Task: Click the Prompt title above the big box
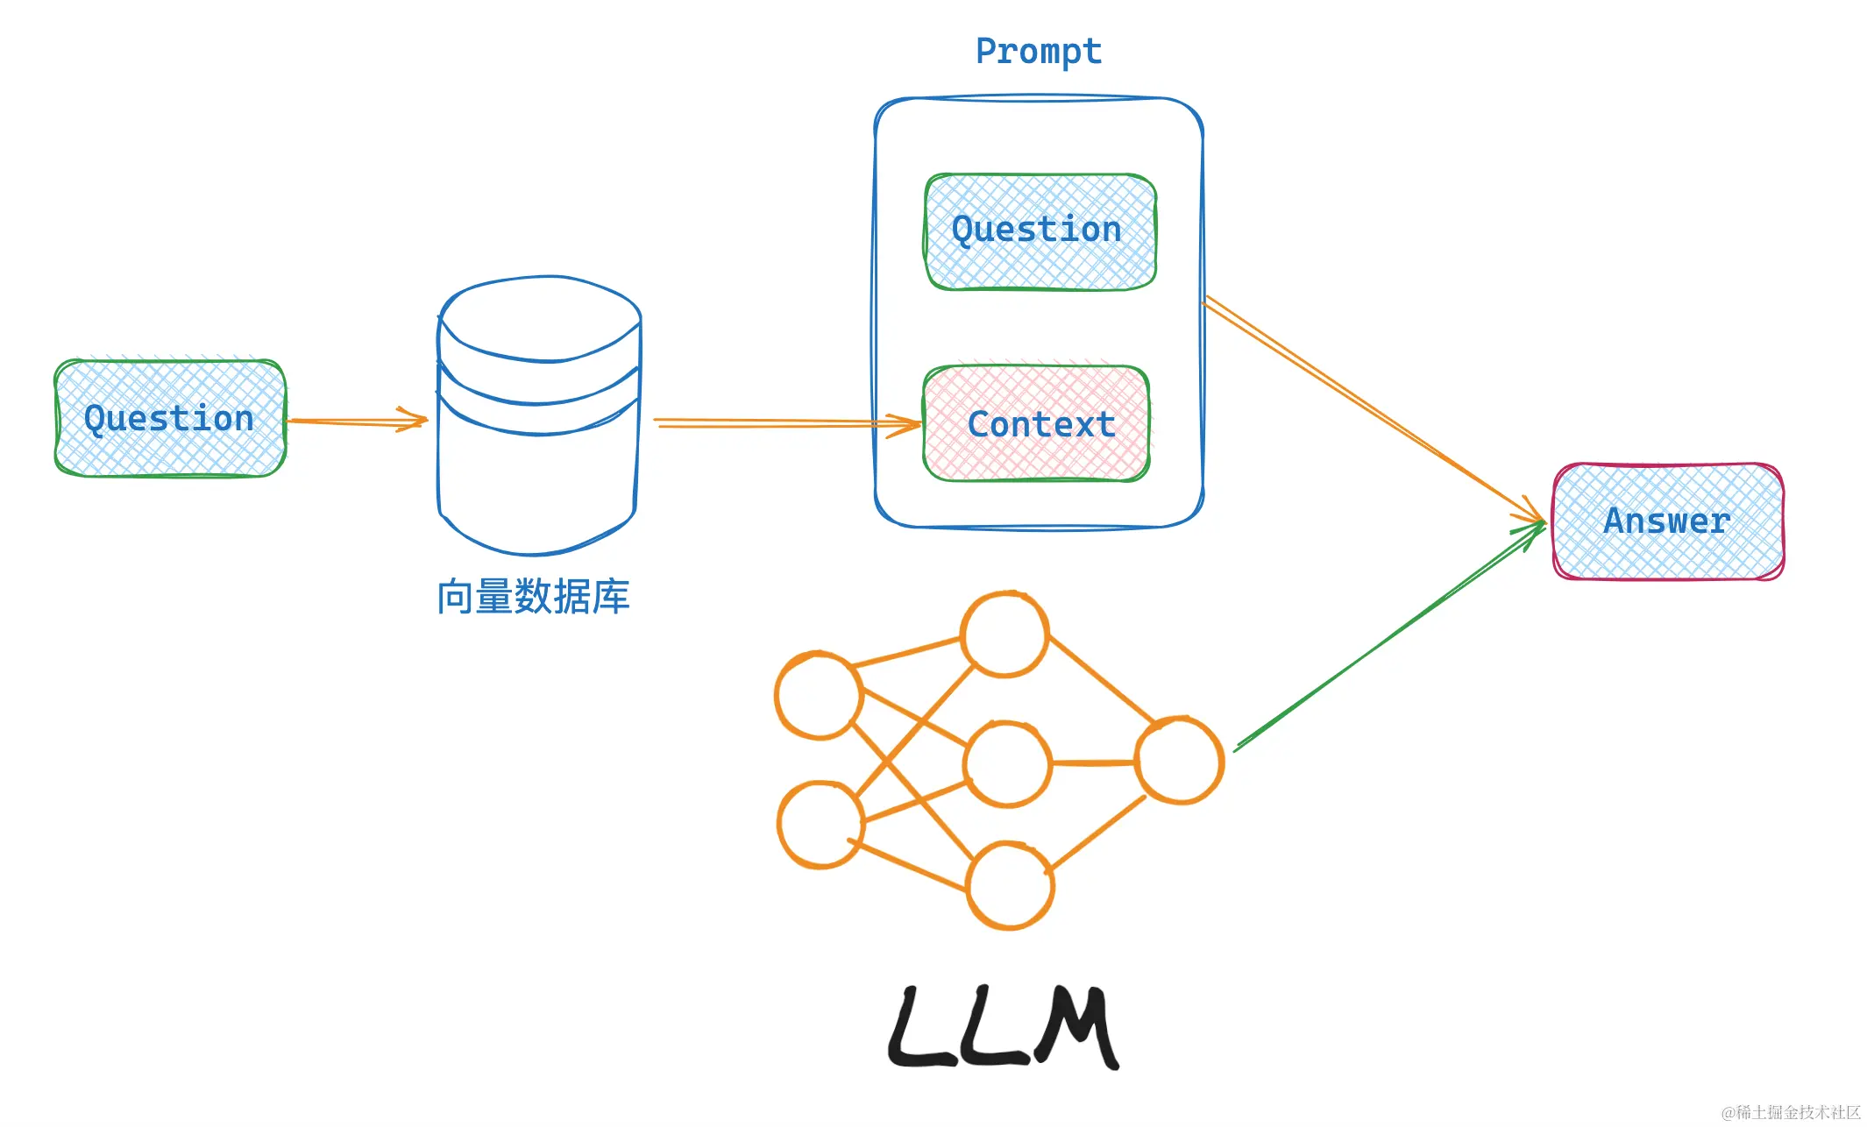pyautogui.click(x=1039, y=52)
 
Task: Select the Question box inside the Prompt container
pyautogui.click(x=1039, y=231)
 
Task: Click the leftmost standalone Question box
pyautogui.click(x=169, y=418)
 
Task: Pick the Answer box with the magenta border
pyautogui.click(x=1667, y=521)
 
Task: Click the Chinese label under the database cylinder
pyautogui.click(x=533, y=597)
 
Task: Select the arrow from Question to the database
pyautogui.click(x=355, y=422)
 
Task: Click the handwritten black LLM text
pyautogui.click(x=1004, y=1027)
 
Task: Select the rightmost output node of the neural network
pyautogui.click(x=1179, y=760)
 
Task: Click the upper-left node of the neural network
pyautogui.click(x=819, y=695)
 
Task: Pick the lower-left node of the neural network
pyautogui.click(x=820, y=825)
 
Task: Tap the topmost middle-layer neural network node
pyautogui.click(x=1004, y=634)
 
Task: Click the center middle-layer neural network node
pyautogui.click(x=1007, y=763)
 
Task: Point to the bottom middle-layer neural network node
pyautogui.click(x=1010, y=884)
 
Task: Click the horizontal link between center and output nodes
pyautogui.click(x=1093, y=763)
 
